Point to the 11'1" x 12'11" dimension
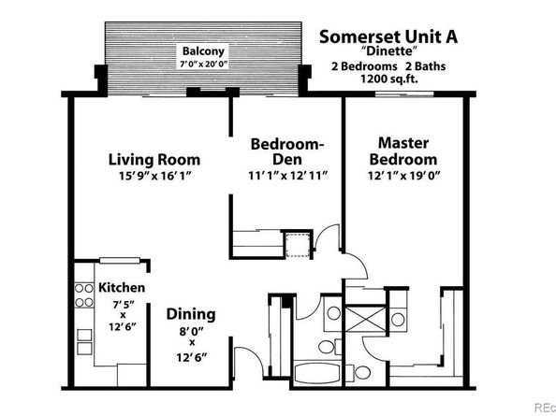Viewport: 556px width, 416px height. (x=287, y=175)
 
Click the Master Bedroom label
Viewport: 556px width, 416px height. (x=402, y=151)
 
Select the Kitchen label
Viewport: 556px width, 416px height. (x=121, y=288)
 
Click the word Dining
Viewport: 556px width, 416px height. (x=191, y=314)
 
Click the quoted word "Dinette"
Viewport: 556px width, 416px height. (x=387, y=53)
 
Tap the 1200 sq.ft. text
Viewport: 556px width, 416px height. (x=387, y=80)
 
